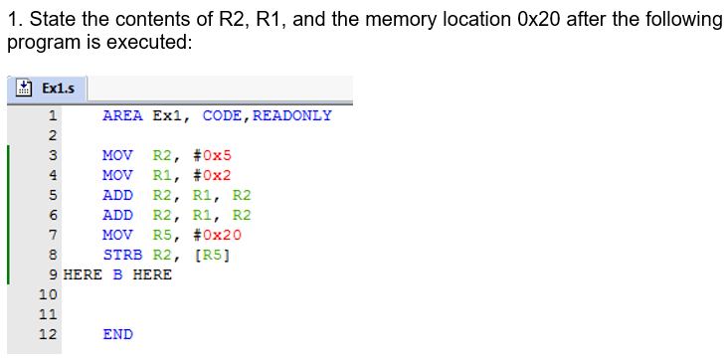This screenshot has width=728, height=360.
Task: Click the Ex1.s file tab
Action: point(47,89)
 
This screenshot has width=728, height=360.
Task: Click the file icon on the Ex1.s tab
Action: point(24,89)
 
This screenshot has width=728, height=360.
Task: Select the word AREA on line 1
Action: point(122,115)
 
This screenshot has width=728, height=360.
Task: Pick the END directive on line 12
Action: point(117,334)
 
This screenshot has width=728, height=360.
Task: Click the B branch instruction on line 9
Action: point(117,274)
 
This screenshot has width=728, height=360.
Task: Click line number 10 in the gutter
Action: point(47,294)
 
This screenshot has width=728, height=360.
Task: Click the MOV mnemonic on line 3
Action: point(117,155)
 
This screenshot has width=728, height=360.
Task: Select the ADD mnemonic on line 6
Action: point(117,215)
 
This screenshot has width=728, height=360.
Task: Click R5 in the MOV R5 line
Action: point(163,235)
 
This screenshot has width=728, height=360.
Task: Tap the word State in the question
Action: point(46,21)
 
